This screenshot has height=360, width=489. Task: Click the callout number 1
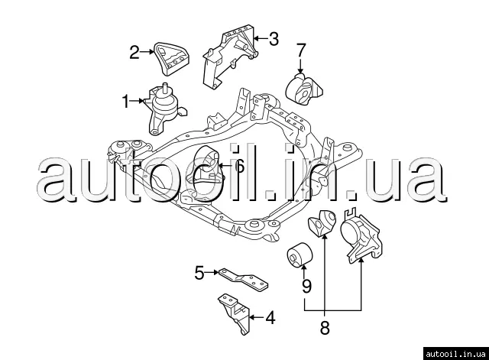(x=126, y=99)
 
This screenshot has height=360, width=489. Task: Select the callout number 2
(x=134, y=52)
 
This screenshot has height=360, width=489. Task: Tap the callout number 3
(x=274, y=37)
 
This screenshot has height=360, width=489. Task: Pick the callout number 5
(x=199, y=271)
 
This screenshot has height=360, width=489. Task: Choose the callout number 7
(x=301, y=51)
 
